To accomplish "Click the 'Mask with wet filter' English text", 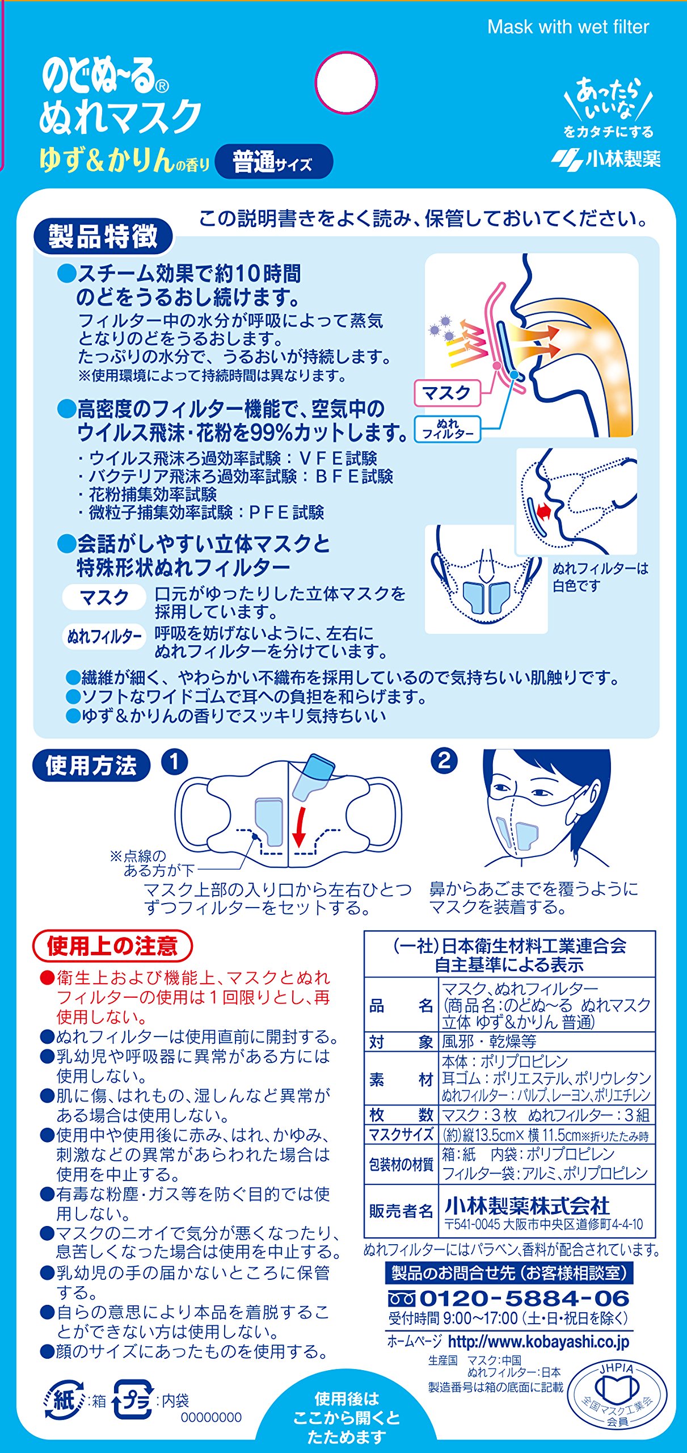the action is (568, 27).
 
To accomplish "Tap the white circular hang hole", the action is (346, 83).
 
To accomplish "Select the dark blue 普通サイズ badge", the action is (274, 162).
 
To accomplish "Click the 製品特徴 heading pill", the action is (103, 237).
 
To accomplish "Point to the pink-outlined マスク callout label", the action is (447, 393).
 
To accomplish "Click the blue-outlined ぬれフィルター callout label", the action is (448, 429).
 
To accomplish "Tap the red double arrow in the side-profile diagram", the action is (543, 513).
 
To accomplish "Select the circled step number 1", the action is (175, 762).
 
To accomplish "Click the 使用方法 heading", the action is (91, 765).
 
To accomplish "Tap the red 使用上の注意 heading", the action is (112, 946).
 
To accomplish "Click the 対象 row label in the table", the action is (401, 1042).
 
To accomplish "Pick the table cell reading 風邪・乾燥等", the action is (489, 1042).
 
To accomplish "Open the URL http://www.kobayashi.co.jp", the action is (538, 1342).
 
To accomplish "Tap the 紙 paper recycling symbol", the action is (64, 1401).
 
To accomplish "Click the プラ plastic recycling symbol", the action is (133, 1400).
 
